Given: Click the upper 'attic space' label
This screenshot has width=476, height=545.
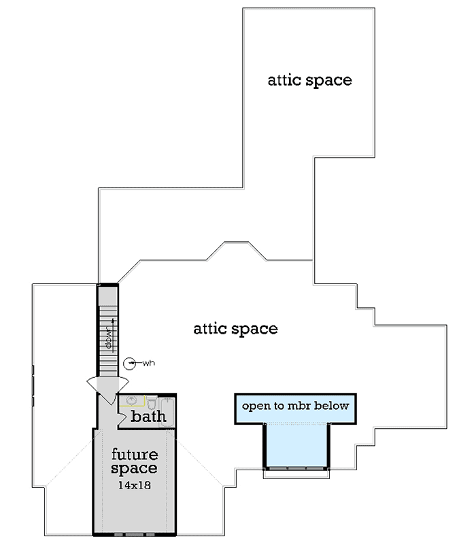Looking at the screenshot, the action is click(x=310, y=81).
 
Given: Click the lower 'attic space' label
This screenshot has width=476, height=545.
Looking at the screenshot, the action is click(x=235, y=329).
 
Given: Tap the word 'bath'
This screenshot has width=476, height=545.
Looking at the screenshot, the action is click(x=148, y=416).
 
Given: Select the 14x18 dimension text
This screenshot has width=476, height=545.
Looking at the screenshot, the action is click(x=135, y=485).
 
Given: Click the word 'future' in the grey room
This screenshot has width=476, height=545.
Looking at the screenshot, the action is click(x=135, y=454).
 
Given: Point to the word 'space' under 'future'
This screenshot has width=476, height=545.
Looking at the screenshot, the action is click(x=134, y=469).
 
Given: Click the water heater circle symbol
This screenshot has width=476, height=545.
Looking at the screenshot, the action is click(x=130, y=364).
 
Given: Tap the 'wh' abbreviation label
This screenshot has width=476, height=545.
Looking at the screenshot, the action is click(x=148, y=363).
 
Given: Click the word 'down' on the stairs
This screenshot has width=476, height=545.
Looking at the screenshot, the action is click(x=109, y=338).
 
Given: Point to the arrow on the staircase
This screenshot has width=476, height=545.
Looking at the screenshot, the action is click(x=113, y=336).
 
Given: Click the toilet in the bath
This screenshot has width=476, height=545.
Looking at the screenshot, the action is click(x=152, y=402).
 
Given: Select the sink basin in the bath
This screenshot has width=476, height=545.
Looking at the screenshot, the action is click(x=131, y=400).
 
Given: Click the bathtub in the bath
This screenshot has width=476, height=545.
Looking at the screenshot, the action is click(x=167, y=412).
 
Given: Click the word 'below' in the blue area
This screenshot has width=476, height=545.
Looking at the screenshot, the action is click(x=331, y=406).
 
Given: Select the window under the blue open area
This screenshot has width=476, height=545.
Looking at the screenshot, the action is click(x=296, y=468).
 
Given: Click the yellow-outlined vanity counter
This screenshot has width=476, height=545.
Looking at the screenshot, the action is click(x=132, y=400).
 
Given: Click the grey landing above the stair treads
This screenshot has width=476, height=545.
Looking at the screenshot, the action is click(x=108, y=296).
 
